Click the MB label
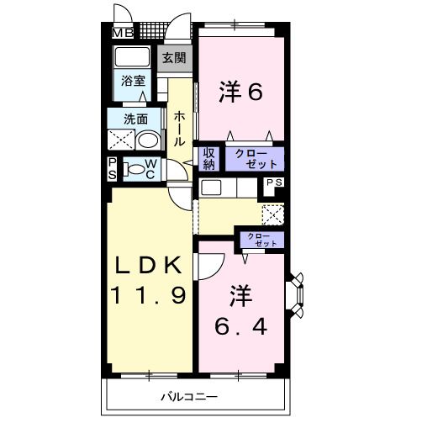(x=124, y=34)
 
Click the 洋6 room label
(x=241, y=90)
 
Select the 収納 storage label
(x=209, y=158)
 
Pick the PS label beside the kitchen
(x=274, y=182)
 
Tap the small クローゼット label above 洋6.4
(x=261, y=239)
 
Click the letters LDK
(x=148, y=265)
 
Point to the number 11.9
(x=148, y=296)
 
